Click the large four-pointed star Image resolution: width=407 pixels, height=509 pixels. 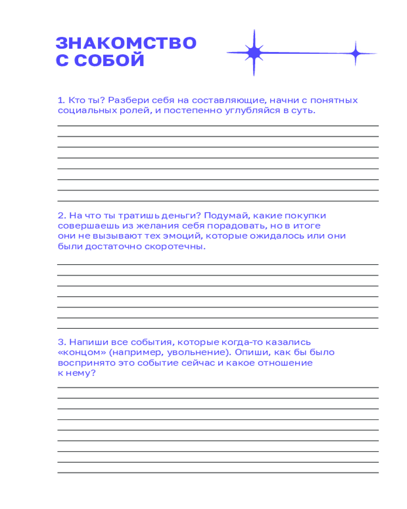253,52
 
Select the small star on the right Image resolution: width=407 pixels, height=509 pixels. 356,52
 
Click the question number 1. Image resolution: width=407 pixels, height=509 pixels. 61,100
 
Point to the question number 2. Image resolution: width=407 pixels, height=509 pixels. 61,215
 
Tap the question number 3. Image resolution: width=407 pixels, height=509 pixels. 61,342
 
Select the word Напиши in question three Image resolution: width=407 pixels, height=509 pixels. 87,342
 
